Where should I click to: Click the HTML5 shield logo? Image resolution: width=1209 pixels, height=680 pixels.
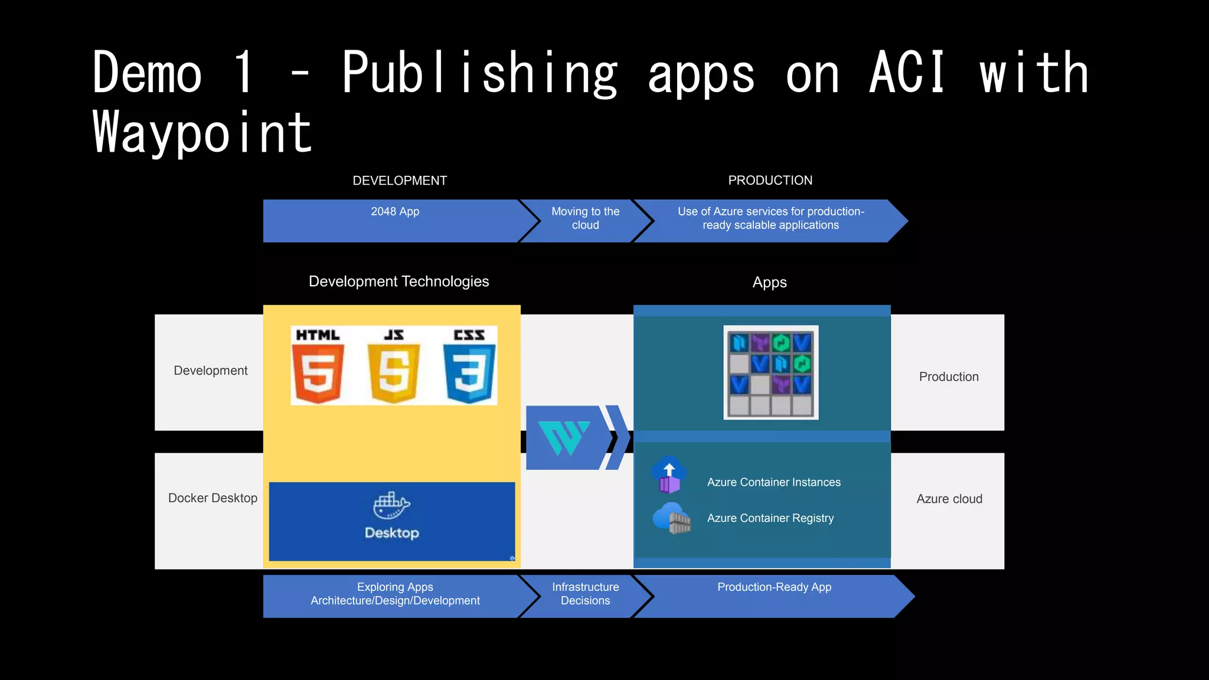click(x=318, y=373)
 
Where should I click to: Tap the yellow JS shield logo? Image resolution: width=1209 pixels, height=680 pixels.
click(x=394, y=373)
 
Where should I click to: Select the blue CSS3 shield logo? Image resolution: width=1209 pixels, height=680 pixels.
click(x=469, y=373)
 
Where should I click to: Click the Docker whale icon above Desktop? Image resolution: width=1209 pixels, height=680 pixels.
click(x=391, y=505)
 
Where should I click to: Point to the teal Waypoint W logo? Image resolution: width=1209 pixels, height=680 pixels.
click(x=564, y=437)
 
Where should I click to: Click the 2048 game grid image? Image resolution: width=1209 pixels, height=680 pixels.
click(x=770, y=372)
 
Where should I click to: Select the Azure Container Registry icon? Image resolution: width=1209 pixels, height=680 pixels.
click(x=672, y=518)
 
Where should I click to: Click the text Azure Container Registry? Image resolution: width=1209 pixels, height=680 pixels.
click(x=770, y=518)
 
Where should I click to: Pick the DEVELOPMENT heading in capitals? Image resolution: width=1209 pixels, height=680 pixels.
click(x=400, y=181)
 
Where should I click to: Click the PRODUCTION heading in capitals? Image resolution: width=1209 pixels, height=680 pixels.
click(x=770, y=181)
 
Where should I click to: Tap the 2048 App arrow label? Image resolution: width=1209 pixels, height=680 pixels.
click(x=395, y=211)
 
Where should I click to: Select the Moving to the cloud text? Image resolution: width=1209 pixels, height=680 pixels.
click(x=585, y=218)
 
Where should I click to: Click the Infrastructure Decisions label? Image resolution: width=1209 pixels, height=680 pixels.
click(x=585, y=594)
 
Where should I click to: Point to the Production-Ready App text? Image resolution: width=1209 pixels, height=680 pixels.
click(x=774, y=587)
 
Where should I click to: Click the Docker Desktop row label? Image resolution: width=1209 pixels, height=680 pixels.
click(x=213, y=498)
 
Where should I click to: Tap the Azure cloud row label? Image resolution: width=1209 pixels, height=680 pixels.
click(x=949, y=499)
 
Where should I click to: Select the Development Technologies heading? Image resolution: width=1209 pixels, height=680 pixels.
click(x=398, y=282)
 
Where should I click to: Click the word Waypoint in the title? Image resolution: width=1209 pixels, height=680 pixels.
click(x=202, y=133)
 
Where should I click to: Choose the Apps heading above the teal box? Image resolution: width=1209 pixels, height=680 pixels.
click(x=769, y=283)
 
